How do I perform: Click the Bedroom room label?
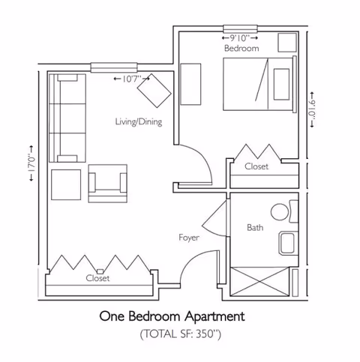coord(241,48)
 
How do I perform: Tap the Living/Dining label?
coord(139,121)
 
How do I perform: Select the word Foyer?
coord(188,238)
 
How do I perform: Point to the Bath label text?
coord(254,227)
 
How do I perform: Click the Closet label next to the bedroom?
coord(256,167)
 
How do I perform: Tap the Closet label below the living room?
coord(97,278)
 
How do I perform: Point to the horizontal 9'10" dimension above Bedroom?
coord(240,36)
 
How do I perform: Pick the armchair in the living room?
coord(106,184)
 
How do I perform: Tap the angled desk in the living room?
coord(156,90)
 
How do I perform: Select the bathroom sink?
coord(287,242)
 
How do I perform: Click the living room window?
coord(112,68)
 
